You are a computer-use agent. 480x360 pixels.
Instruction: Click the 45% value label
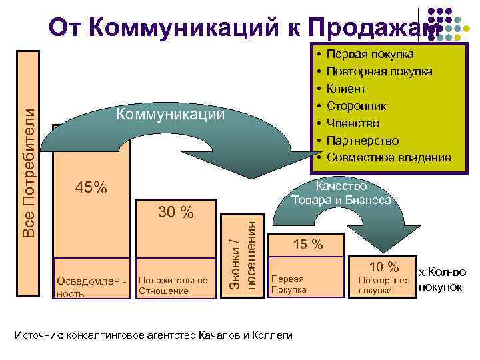click(x=91, y=189)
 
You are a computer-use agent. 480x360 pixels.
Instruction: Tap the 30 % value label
click(x=176, y=213)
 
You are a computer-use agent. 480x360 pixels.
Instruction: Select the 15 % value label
click(x=308, y=245)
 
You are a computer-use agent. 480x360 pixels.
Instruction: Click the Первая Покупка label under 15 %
click(x=289, y=285)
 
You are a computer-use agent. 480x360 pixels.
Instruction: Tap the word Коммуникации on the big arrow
click(x=169, y=115)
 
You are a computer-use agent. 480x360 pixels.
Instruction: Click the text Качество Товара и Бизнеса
click(x=341, y=193)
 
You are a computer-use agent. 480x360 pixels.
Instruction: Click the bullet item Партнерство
click(x=364, y=141)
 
